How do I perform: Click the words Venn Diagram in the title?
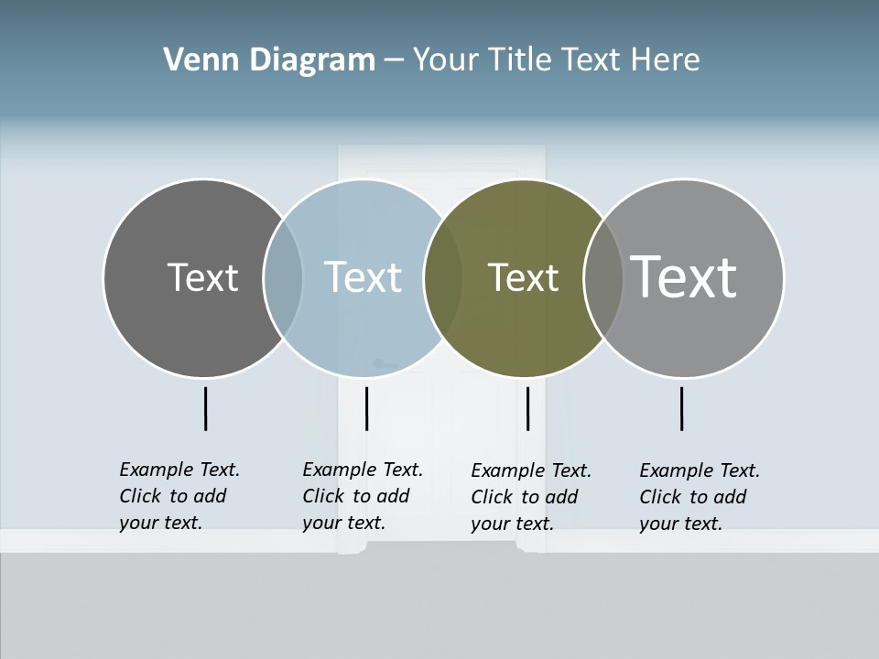(x=269, y=60)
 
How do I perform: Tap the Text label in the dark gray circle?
(x=202, y=277)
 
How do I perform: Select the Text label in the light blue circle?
(x=363, y=277)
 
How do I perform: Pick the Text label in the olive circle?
(x=523, y=278)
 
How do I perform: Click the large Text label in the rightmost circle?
(x=683, y=276)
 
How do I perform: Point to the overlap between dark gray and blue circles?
(x=283, y=278)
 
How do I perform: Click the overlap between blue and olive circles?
(x=443, y=278)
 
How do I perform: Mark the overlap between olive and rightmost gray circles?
(x=602, y=278)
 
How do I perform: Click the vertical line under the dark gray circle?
(x=205, y=408)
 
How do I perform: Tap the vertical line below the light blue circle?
(x=366, y=408)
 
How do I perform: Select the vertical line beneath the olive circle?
(x=527, y=408)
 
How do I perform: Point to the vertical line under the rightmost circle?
(x=681, y=408)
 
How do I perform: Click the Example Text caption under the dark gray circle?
(x=179, y=496)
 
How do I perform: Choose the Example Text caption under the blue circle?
(x=363, y=496)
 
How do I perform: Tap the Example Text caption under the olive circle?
(x=531, y=497)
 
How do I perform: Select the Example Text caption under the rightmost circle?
(x=700, y=497)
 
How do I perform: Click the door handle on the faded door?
(x=382, y=364)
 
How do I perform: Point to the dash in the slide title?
(x=394, y=61)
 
